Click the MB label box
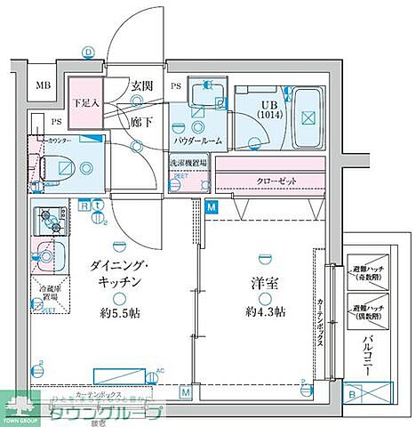[x=43, y=86]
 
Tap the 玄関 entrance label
[x=142, y=85]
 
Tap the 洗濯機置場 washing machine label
[x=188, y=164]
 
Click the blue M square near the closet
[x=211, y=207]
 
